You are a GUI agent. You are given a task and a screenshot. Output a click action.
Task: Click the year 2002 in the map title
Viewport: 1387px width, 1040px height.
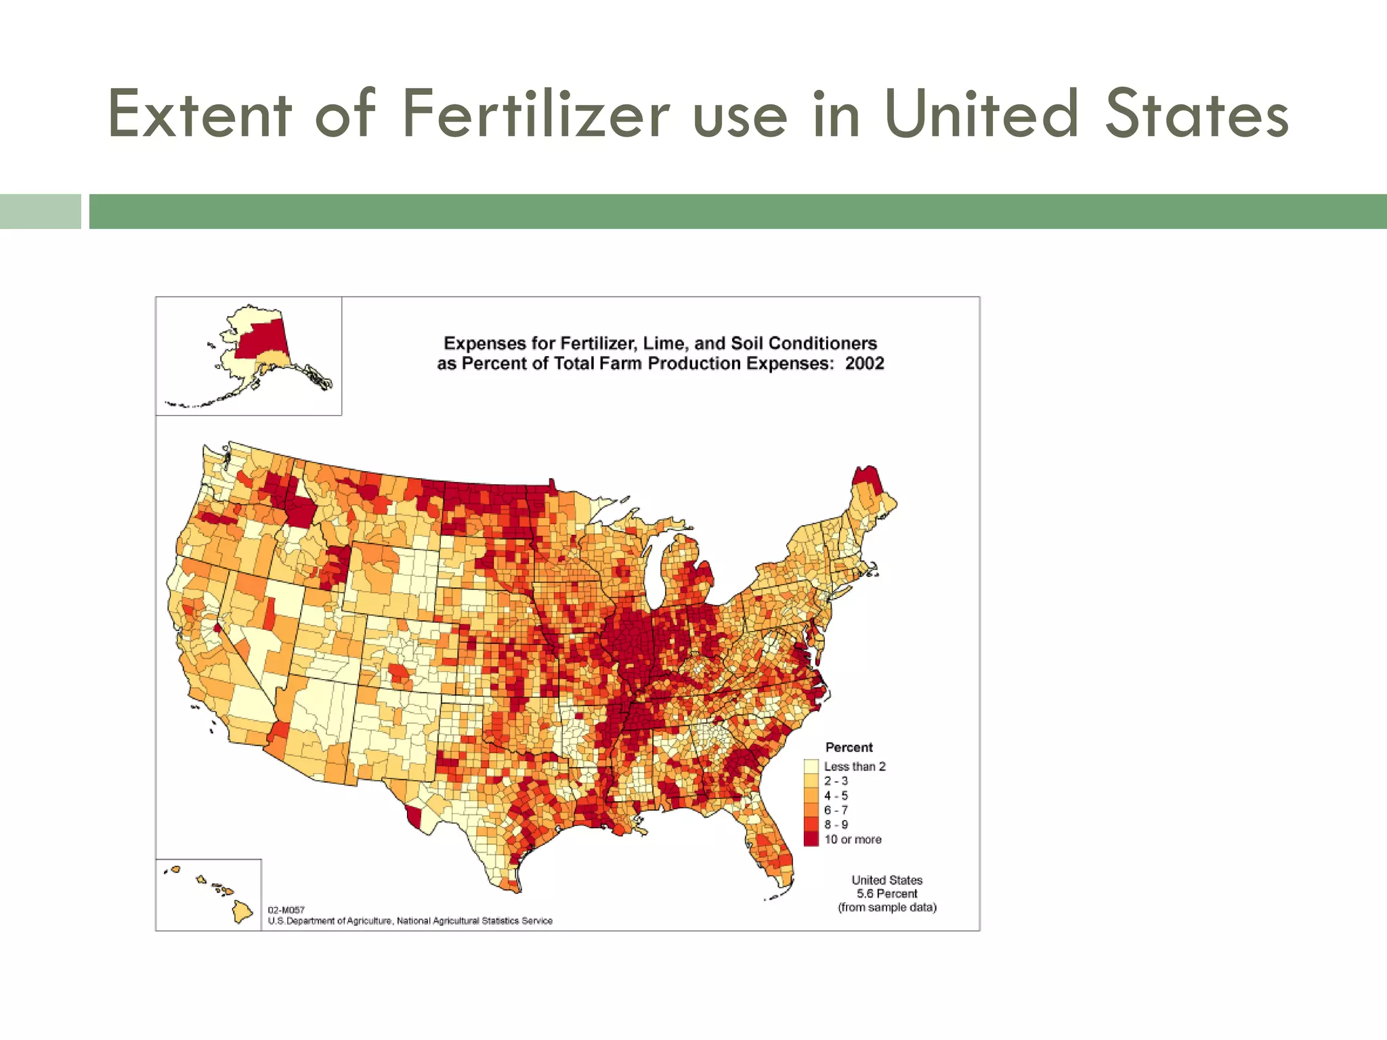point(864,364)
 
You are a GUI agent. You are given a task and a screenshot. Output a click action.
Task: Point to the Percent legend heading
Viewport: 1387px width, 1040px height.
point(849,747)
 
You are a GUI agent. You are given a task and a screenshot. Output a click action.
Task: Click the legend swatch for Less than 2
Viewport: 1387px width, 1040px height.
point(811,766)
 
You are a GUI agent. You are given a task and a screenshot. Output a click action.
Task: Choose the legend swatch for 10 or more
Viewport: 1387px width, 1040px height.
point(811,840)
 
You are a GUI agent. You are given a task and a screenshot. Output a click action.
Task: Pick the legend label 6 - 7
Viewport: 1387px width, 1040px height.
point(836,810)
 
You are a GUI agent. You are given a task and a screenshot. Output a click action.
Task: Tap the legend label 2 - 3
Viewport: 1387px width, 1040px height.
point(836,781)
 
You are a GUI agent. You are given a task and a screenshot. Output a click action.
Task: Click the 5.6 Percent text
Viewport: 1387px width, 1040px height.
point(887,894)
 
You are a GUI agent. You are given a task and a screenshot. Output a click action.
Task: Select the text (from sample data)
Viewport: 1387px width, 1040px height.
point(887,907)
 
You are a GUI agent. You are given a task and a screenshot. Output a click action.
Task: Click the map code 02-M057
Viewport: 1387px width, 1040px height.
point(286,910)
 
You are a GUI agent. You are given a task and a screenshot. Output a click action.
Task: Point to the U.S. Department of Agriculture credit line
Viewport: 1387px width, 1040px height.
point(410,921)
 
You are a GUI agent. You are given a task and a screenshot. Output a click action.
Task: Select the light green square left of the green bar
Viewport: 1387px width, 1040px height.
point(40,211)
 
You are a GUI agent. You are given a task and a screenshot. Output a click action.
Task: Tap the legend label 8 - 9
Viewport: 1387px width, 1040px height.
point(836,825)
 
